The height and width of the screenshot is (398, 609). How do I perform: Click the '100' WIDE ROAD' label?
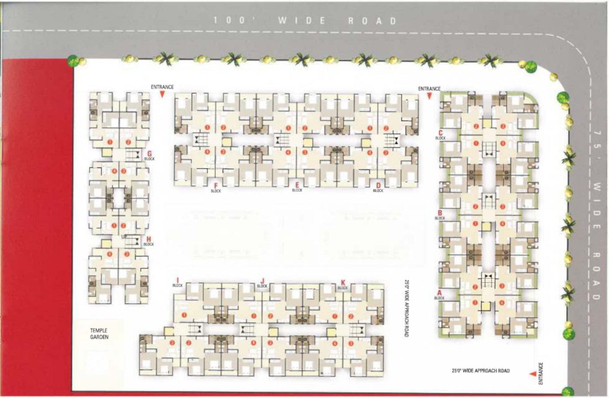coord(305,20)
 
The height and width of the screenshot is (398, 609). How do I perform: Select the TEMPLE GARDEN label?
coord(99,334)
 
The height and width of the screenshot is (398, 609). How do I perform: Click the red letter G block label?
coord(150,153)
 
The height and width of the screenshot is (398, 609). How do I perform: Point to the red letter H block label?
coord(149,239)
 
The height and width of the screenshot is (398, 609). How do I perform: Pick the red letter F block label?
coord(215,186)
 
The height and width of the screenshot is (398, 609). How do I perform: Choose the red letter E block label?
coord(297,185)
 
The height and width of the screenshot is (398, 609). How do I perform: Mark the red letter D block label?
coord(378,185)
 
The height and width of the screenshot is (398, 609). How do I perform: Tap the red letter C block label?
coord(440,133)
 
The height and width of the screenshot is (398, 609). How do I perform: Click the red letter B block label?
coord(440,213)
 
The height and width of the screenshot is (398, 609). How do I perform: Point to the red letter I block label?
coord(177,280)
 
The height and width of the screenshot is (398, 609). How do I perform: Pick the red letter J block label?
coord(262,281)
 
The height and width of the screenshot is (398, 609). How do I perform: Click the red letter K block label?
coord(343,282)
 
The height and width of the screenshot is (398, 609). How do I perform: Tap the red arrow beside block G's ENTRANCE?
coord(162,95)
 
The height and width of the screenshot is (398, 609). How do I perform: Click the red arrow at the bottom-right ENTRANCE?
coord(532,374)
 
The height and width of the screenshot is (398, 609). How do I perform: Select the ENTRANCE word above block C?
coord(429,89)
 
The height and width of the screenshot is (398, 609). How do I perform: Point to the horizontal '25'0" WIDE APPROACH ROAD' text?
coord(480,371)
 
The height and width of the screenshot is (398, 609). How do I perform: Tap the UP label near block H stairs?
coord(124,237)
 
